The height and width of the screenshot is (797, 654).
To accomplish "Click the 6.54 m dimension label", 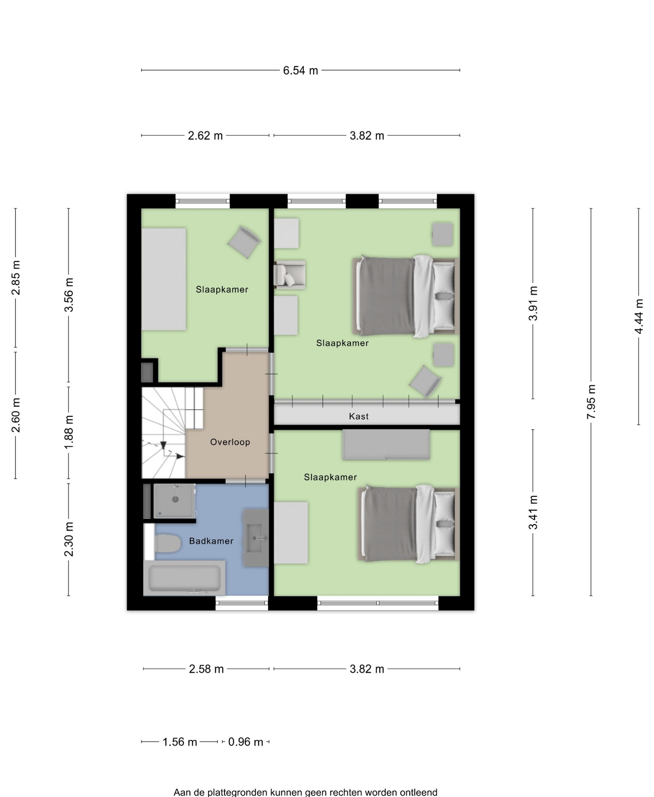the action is pos(300,70).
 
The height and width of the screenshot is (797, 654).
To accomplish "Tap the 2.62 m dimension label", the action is pos(205,136).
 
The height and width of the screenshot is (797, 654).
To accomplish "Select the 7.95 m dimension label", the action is pos(591,401).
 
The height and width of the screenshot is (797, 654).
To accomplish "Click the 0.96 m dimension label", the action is pos(246,742).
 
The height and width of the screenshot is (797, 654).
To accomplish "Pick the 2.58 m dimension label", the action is pos(206,669).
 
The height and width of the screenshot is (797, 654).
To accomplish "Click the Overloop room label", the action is pos(230,442).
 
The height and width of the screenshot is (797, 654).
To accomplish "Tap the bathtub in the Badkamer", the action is pos(184,578).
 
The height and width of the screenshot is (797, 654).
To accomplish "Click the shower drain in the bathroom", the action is pos(175,500).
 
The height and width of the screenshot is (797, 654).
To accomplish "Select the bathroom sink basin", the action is pos(256,538).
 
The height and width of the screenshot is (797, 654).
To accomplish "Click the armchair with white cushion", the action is pos(289,275).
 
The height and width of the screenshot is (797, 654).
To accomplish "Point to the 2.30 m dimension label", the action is pos(69,539).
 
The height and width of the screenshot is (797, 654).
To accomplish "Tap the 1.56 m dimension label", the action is pos(180,742).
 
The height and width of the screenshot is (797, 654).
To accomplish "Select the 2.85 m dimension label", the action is pos(16,277).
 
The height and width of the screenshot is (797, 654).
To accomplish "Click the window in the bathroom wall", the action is pos(242,603).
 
